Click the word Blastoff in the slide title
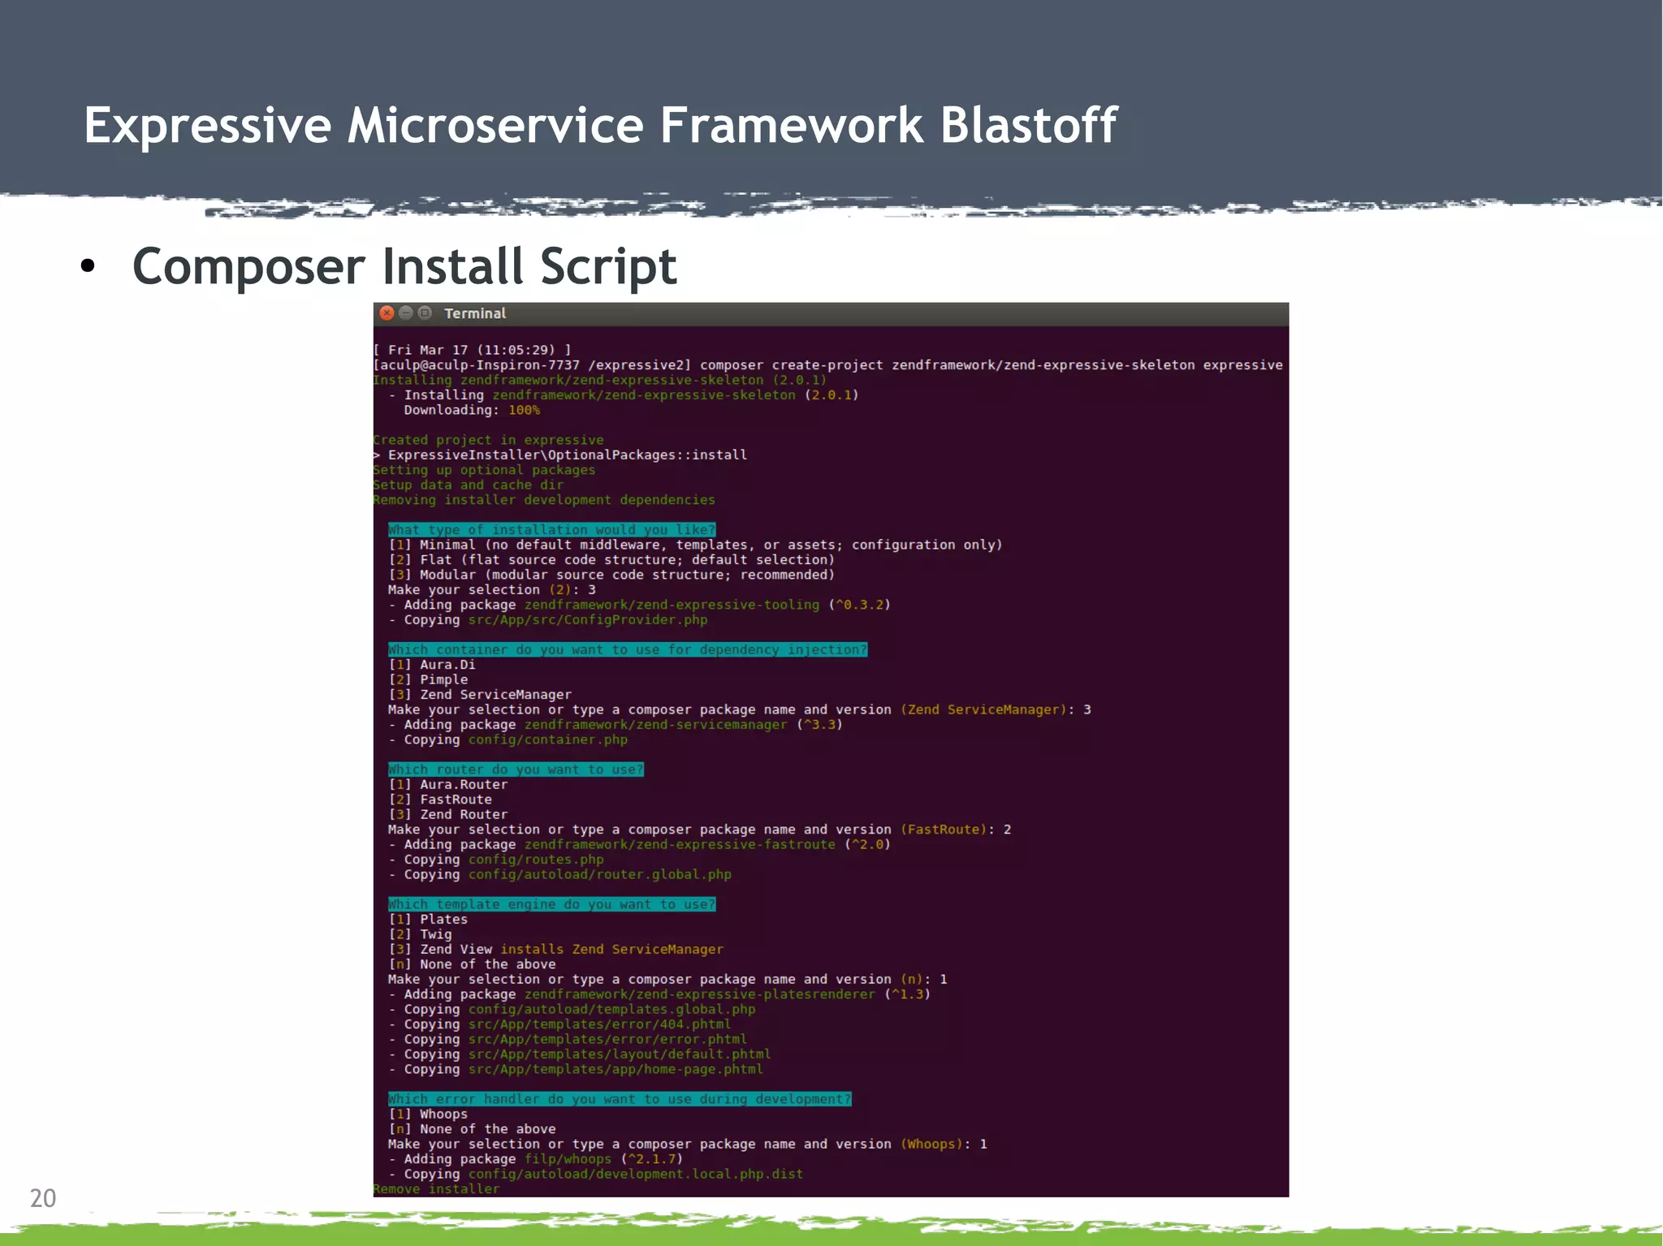pyautogui.click(x=1028, y=126)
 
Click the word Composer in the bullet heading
pyautogui.click(x=248, y=267)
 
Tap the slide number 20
pyautogui.click(x=43, y=1198)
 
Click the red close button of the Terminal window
pyautogui.click(x=387, y=313)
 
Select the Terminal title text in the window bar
pyautogui.click(x=474, y=313)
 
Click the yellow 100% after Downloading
pyautogui.click(x=524, y=410)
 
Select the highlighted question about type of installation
pyautogui.click(x=551, y=529)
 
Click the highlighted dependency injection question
pyautogui.click(x=627, y=649)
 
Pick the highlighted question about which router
pyautogui.click(x=516, y=770)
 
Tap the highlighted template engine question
pyautogui.click(x=551, y=904)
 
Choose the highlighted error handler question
pyautogui.click(x=619, y=1099)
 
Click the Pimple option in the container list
pyautogui.click(x=443, y=679)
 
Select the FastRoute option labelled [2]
pyautogui.click(x=455, y=800)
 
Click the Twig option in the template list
pyautogui.click(x=435, y=934)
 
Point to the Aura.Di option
pyautogui.click(x=447, y=665)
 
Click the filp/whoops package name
pyautogui.click(x=568, y=1159)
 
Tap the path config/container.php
pyautogui.click(x=547, y=739)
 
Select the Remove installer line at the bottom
pyautogui.click(x=436, y=1189)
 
